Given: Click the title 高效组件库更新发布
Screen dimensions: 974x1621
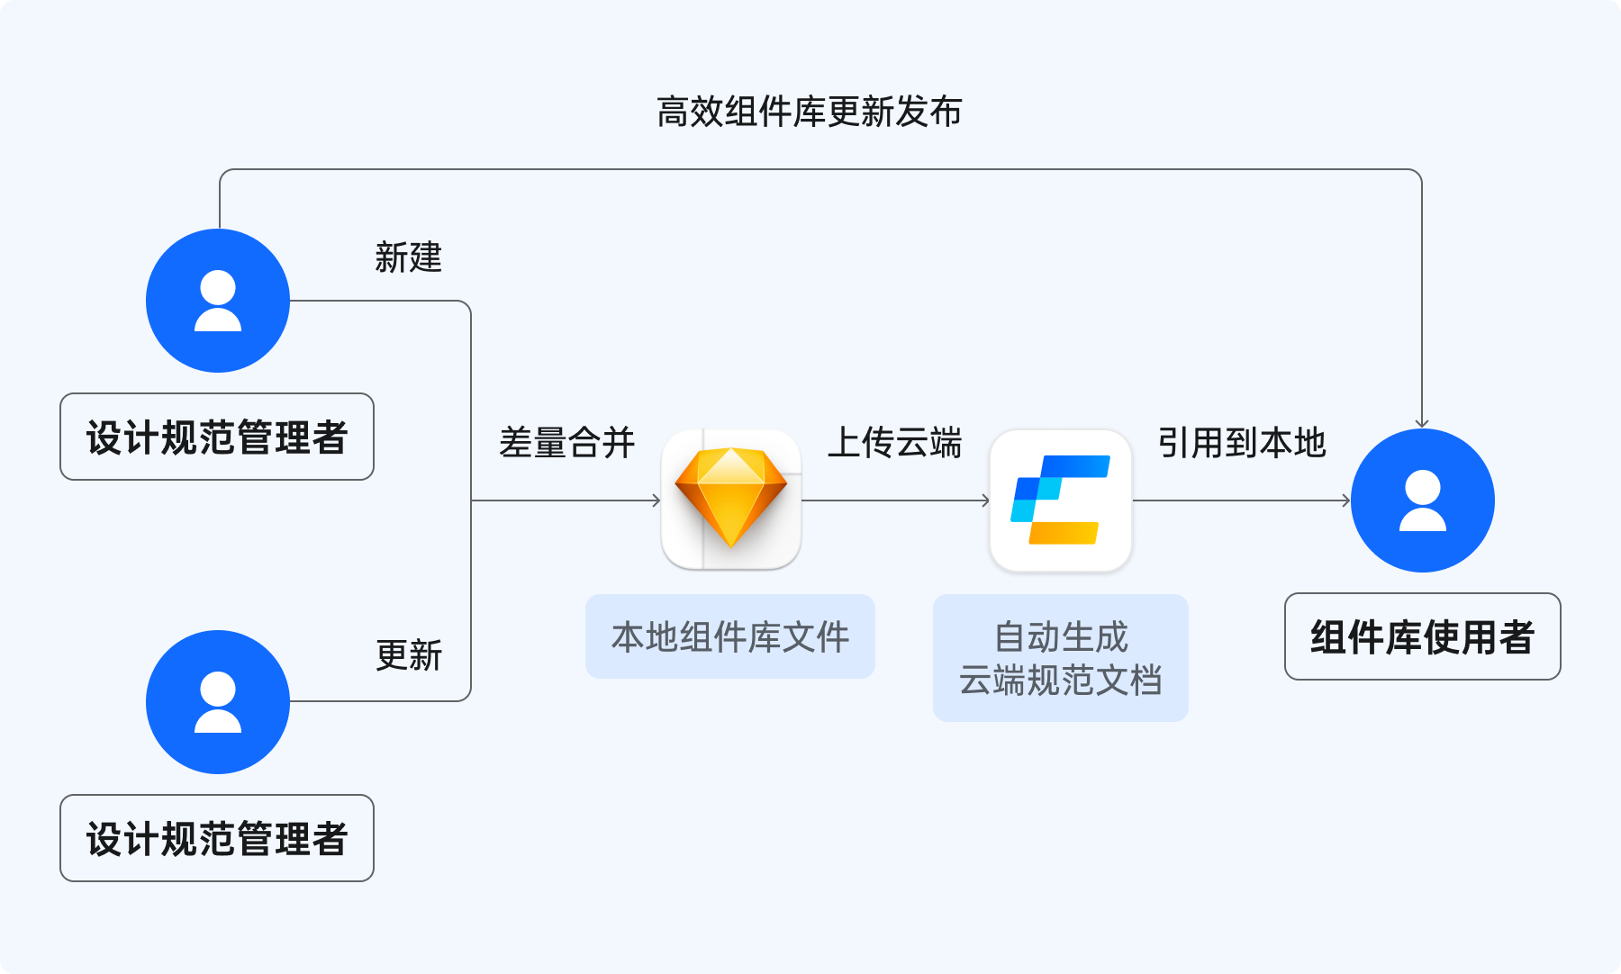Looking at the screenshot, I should [x=809, y=113].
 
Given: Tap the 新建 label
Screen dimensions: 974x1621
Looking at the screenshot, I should [x=408, y=257].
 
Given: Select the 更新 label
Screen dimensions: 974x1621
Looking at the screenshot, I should [x=408, y=655].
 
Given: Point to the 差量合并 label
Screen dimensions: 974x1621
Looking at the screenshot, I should [x=566, y=443].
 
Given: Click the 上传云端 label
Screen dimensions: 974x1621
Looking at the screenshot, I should [x=894, y=443].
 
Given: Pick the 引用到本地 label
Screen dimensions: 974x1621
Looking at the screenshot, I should [x=1241, y=443].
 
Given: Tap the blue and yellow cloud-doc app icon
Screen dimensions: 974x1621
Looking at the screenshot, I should [x=1061, y=500].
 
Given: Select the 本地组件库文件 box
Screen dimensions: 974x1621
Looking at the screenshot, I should [x=729, y=636].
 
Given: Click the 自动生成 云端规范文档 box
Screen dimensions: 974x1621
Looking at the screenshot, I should [x=1061, y=658].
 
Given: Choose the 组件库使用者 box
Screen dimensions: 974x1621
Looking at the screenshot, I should [x=1422, y=636].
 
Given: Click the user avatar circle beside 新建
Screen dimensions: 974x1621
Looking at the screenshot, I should [x=218, y=301].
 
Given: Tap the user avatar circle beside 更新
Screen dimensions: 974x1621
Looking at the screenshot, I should [x=218, y=702].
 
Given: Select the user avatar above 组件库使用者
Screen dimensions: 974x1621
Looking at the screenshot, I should [x=1423, y=501].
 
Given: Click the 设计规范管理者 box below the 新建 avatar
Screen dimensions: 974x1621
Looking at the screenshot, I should [x=217, y=437].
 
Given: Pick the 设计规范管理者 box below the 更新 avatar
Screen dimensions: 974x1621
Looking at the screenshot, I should [x=217, y=838].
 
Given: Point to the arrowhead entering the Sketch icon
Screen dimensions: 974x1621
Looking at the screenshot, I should [x=657, y=501].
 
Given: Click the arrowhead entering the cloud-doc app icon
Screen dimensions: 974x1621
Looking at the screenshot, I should [x=986, y=501].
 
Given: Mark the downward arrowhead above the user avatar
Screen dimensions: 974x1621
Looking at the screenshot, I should [x=1422, y=423].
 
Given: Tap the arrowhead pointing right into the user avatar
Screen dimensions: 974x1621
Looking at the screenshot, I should [x=1346, y=501].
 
